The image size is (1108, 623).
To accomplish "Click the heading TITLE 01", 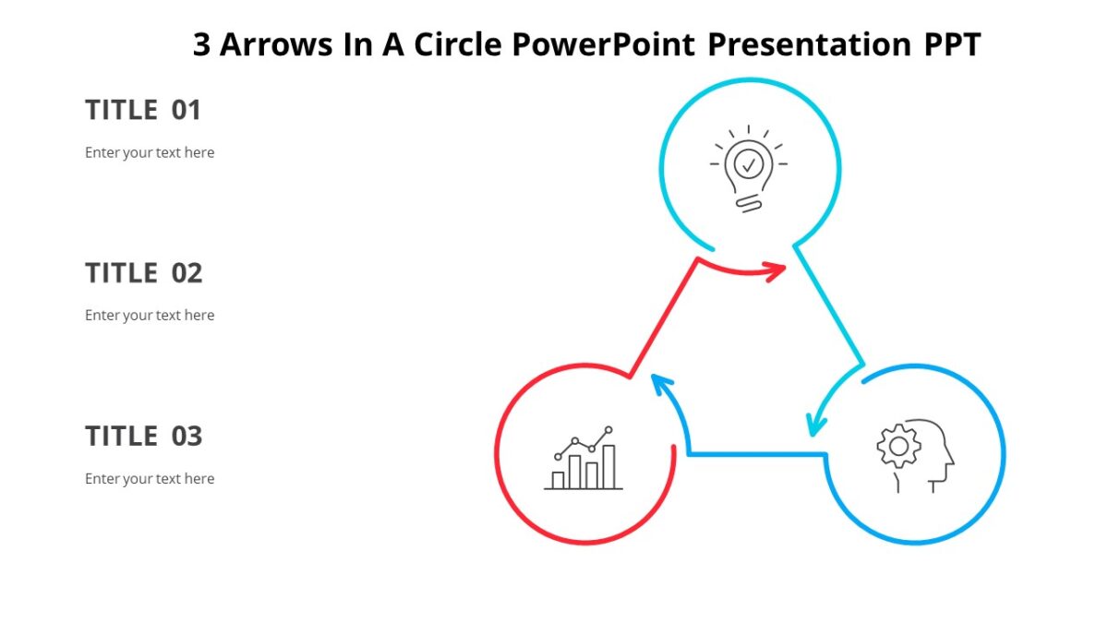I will (x=142, y=111).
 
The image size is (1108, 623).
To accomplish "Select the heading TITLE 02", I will (x=143, y=273).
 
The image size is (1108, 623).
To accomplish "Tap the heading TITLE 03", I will (x=143, y=436).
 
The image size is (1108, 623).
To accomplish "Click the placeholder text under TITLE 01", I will (x=150, y=152).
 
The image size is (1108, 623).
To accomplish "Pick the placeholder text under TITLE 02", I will (x=150, y=315).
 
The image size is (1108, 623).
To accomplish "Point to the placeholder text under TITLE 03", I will (x=150, y=478).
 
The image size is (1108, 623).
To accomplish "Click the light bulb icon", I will (x=749, y=170).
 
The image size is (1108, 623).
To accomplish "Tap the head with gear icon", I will (x=914, y=455).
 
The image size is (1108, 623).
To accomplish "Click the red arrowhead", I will (x=777, y=270).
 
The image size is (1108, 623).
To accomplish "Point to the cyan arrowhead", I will (x=813, y=425).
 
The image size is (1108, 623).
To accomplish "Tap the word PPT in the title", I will (x=952, y=44).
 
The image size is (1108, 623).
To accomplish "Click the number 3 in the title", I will (x=202, y=44).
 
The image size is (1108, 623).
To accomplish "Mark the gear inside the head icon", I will (x=897, y=446).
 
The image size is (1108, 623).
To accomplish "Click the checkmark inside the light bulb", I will (x=749, y=165).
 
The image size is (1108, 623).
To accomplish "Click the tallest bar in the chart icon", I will (x=608, y=466).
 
